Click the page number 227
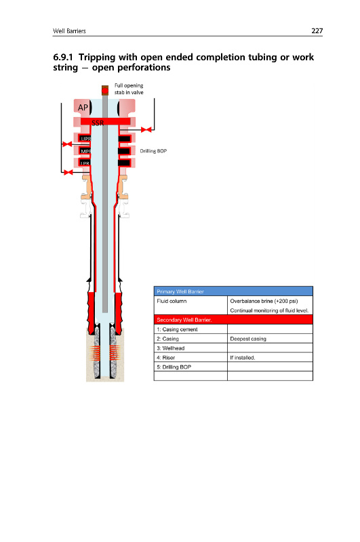point(317,30)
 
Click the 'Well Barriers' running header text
point(69,31)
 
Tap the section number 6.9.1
point(63,57)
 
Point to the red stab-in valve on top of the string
point(105,91)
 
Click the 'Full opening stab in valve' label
point(129,89)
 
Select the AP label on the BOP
point(83,108)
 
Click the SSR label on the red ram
point(98,123)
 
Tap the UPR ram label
point(85,139)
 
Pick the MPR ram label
point(85,151)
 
